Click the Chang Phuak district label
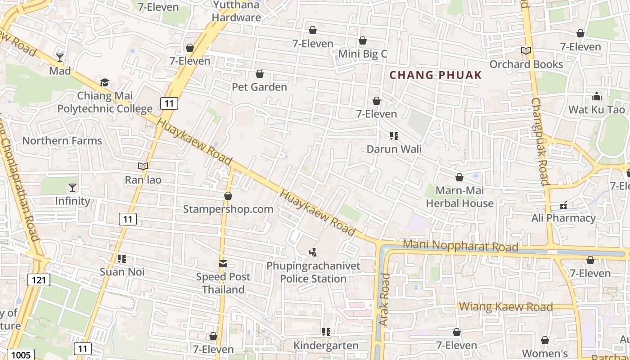coord(435,75)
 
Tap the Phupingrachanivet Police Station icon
coord(313,252)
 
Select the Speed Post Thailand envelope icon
coord(223,263)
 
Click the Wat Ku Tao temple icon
coord(597,96)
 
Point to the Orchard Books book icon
coord(526,51)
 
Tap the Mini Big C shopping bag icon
coord(363,41)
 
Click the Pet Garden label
coord(259,87)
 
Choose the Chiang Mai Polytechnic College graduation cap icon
coord(104,82)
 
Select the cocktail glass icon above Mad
coord(60,58)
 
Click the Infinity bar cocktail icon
coord(72,188)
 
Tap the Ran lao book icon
coord(143,166)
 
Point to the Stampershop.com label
coord(228,209)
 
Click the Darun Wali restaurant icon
coord(394,135)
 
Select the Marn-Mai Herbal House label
coord(459,197)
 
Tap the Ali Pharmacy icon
coord(563,206)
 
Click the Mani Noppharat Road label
coord(460,246)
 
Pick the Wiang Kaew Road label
coord(506,307)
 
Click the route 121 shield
coord(39,280)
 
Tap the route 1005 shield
coord(21,355)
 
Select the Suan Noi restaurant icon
coord(121,259)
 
